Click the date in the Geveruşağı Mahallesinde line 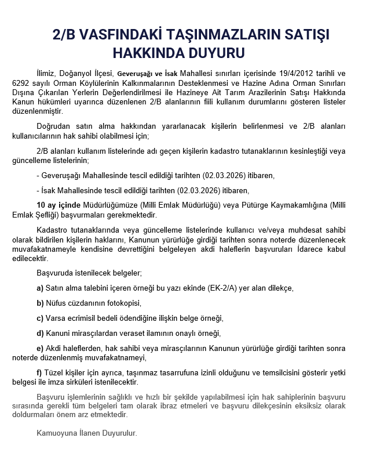click(220, 175)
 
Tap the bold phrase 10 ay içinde click(59, 205)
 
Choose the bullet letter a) click(40, 288)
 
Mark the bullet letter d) click(40, 333)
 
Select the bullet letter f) click(39, 372)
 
